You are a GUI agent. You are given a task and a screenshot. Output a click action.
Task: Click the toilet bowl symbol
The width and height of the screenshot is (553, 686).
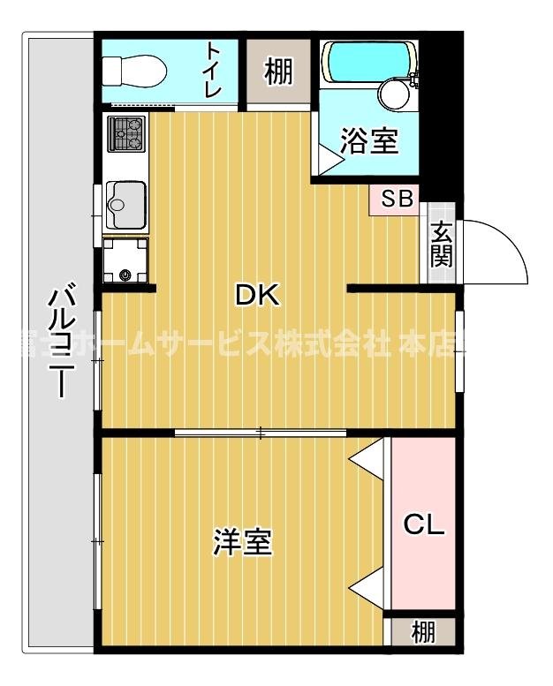coord(133,68)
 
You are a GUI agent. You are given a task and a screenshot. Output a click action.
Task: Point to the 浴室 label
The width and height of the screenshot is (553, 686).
coord(369,141)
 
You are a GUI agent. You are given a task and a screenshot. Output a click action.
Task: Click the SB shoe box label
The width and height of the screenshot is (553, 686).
coord(397,200)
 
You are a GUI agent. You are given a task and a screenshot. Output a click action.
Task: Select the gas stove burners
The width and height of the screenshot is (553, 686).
coord(125,133)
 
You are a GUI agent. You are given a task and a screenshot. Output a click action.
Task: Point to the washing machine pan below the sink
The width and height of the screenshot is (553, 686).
coord(125,260)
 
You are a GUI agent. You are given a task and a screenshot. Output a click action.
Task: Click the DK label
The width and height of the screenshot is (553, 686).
coord(257,296)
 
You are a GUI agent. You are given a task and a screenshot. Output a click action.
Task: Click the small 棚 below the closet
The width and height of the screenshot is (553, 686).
coord(423,632)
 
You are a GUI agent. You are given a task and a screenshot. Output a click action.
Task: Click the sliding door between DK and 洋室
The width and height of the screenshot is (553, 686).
coord(261,433)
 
